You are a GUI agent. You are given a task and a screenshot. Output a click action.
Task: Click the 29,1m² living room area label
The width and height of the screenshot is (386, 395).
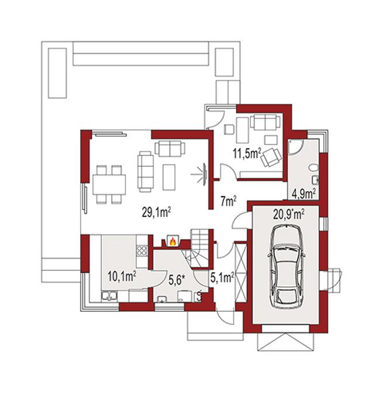click(157, 213)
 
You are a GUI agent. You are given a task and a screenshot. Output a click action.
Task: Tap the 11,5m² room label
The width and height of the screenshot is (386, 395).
click(246, 153)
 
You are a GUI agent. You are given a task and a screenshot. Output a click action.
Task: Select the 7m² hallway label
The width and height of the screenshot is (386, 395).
click(228, 201)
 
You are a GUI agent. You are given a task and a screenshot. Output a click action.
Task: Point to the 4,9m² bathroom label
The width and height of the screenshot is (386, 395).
click(304, 194)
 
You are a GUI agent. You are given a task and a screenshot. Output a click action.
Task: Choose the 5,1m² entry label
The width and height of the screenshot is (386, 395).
click(223, 278)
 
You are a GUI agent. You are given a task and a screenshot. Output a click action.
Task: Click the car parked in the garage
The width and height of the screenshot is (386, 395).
click(287, 266)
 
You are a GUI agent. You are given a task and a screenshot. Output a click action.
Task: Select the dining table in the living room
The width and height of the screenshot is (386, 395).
click(109, 184)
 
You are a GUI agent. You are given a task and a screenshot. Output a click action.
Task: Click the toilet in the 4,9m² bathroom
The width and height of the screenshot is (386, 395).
click(313, 167)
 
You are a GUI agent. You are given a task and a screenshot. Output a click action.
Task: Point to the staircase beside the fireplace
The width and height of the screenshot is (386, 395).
click(199, 248)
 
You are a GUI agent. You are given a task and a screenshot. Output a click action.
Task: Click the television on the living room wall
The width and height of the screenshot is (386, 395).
click(205, 174)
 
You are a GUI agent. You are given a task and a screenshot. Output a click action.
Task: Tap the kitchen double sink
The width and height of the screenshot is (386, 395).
click(109, 296)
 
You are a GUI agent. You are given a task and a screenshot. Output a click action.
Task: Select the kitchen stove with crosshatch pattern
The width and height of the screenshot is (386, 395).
click(142, 250)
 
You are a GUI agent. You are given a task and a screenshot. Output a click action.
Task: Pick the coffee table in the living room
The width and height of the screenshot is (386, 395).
click(169, 177)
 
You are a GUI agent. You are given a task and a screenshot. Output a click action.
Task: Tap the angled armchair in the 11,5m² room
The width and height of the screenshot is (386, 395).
click(271, 157)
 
